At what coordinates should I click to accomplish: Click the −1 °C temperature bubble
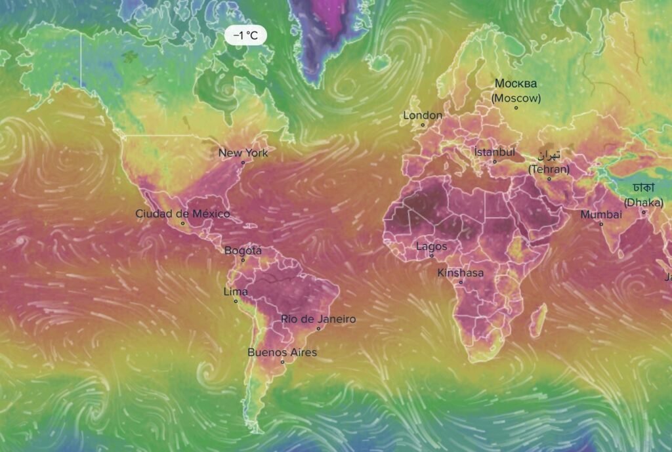[245, 35]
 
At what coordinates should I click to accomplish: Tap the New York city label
[243, 153]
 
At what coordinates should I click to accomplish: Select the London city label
[422, 115]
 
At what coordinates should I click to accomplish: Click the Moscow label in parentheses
[516, 98]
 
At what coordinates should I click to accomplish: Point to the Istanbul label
[495, 152]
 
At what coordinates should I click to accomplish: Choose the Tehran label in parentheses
[549, 169]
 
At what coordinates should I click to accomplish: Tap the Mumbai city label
[600, 215]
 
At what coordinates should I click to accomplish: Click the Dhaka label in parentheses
[643, 202]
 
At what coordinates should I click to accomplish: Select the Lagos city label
[431, 247]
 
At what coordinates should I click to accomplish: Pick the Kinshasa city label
[460, 273]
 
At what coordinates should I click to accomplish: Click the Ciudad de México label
[182, 213]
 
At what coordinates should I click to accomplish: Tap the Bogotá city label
[243, 251]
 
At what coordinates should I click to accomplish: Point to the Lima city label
[236, 291]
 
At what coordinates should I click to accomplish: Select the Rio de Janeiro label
[318, 319]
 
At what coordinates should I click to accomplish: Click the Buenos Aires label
[282, 352]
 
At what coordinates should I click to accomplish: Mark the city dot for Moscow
[516, 108]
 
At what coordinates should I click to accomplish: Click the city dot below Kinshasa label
[461, 282]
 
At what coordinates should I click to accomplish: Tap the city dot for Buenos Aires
[283, 362]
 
